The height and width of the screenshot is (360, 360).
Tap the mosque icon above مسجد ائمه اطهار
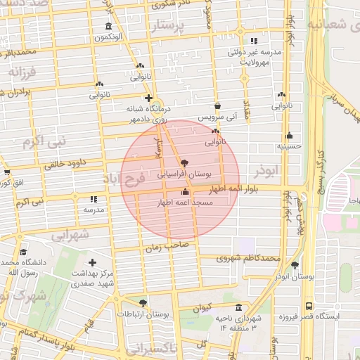(185, 191)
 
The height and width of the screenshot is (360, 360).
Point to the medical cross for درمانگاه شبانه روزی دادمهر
(148, 98)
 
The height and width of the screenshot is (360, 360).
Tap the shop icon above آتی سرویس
(217, 105)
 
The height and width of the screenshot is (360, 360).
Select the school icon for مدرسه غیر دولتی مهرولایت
(254, 41)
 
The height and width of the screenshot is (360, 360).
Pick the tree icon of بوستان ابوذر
(294, 266)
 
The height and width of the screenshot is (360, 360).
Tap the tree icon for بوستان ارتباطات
(143, 304)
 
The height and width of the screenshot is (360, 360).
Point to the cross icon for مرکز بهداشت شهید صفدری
(92, 262)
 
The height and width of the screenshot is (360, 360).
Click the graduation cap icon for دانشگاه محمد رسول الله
(23, 252)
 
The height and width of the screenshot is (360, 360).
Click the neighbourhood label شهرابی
(71, 232)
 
